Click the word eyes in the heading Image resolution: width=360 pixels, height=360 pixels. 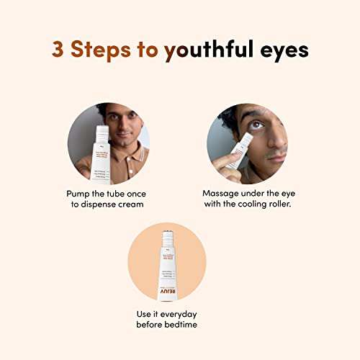284,50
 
